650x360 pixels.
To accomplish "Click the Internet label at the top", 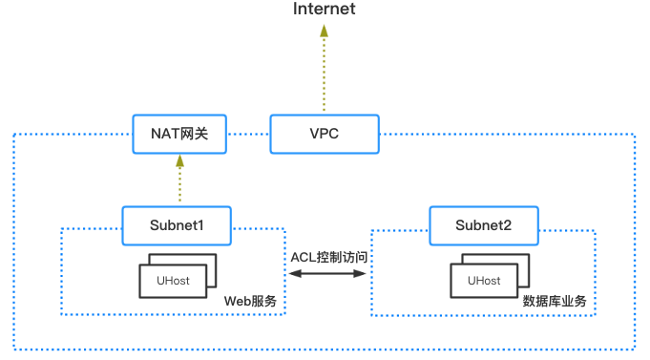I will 324,10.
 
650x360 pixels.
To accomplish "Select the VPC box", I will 324,134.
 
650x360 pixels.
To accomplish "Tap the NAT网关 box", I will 179,134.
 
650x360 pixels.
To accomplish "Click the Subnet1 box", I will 178,226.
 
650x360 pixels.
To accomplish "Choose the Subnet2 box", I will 485,226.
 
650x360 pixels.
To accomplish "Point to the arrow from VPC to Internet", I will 324,72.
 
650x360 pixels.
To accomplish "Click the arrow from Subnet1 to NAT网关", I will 178,181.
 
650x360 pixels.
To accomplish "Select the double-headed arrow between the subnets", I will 328,274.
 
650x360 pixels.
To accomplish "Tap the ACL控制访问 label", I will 328,257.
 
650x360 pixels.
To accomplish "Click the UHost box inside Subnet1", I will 173,281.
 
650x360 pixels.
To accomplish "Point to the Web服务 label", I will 250,301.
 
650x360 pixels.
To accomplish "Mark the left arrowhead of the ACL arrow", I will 293,274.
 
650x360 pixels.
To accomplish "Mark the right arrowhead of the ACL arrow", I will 363,274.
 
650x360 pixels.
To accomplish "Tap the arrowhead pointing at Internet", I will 324,32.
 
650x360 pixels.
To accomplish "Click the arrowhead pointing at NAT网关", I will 178,162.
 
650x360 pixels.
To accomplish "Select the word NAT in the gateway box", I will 164,134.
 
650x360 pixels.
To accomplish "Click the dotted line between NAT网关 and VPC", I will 247,134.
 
